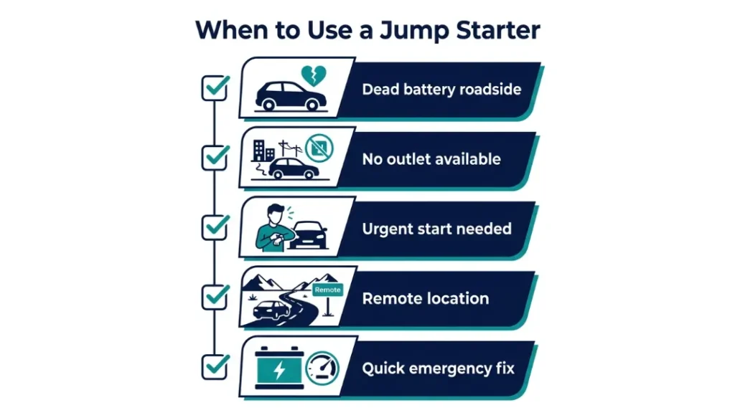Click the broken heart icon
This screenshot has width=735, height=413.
tap(314, 75)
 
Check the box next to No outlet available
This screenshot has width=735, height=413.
tap(215, 157)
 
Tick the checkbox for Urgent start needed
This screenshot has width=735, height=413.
tap(215, 227)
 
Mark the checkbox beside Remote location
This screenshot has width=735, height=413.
tap(215, 296)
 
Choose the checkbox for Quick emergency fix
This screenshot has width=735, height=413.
tap(215, 366)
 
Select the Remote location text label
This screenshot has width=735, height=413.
tap(425, 298)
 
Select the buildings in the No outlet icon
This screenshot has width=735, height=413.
tap(263, 151)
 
